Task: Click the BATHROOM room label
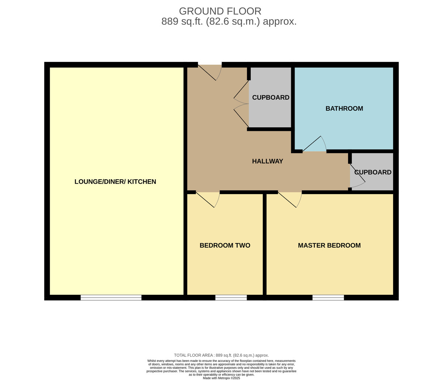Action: click(x=344, y=108)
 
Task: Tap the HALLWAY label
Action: click(x=268, y=161)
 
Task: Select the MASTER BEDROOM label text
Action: click(x=329, y=245)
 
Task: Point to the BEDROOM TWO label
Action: click(x=225, y=245)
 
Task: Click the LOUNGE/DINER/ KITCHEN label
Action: click(x=115, y=182)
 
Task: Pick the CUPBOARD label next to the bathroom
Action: click(x=271, y=97)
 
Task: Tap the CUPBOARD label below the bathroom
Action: click(x=373, y=172)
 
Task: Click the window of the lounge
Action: click(x=111, y=297)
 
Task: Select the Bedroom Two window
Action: click(x=231, y=297)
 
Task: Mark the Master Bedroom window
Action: click(x=328, y=297)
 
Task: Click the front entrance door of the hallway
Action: click(x=210, y=72)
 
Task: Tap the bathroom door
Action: click(x=315, y=144)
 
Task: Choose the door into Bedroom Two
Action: click(x=208, y=200)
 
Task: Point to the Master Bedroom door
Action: click(x=290, y=200)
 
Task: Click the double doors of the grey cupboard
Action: click(x=241, y=104)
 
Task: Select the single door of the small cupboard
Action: click(x=357, y=176)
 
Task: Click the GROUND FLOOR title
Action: click(x=220, y=11)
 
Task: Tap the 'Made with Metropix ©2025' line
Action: click(x=221, y=378)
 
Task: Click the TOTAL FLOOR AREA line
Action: click(x=221, y=355)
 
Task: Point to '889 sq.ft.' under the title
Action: click(x=182, y=21)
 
